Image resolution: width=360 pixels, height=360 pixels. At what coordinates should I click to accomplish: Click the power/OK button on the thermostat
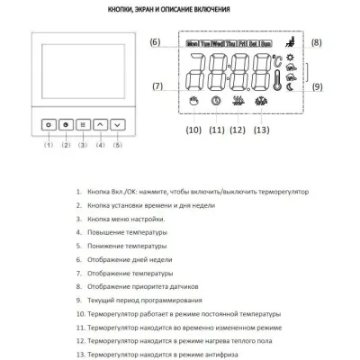coord(48,127)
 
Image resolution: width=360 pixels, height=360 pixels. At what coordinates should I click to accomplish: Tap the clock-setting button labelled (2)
coord(65,127)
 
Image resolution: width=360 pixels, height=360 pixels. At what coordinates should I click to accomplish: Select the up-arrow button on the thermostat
coord(100,127)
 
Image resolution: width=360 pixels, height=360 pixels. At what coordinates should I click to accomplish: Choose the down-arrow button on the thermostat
coord(117,127)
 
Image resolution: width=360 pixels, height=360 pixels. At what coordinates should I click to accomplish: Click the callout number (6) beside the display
coord(155,42)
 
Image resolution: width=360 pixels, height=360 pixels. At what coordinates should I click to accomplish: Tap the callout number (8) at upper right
coord(315,42)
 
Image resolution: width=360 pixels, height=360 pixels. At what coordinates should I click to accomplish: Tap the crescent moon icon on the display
coord(289,88)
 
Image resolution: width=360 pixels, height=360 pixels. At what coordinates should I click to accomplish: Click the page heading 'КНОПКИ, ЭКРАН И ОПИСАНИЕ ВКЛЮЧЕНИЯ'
coord(180,10)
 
